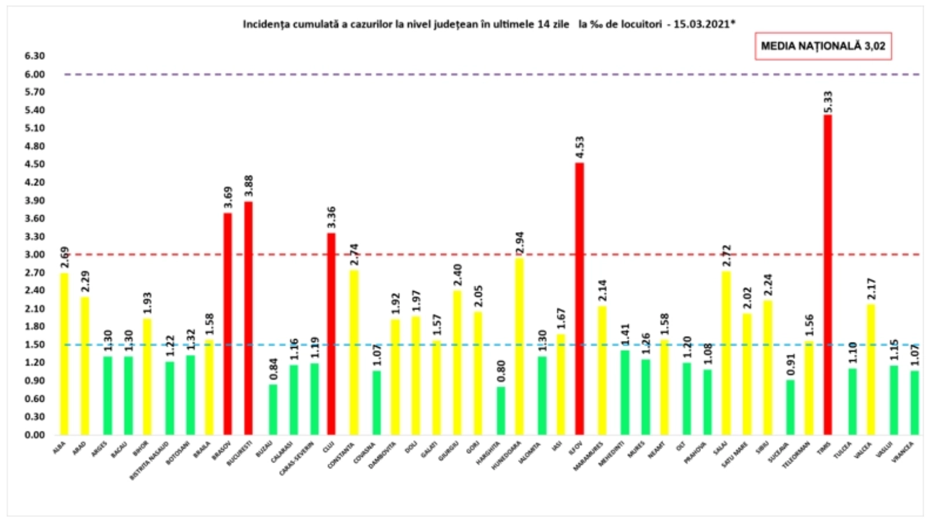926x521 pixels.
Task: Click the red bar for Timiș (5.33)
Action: [828, 275]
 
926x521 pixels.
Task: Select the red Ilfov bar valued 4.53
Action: [579, 299]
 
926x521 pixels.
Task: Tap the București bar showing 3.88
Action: [248, 318]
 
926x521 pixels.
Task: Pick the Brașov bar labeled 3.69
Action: [227, 324]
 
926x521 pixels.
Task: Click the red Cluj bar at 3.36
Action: [331, 334]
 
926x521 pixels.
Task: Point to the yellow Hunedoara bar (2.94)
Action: [519, 346]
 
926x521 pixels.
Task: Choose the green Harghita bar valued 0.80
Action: [501, 410]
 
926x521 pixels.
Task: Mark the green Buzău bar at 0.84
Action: [273, 409]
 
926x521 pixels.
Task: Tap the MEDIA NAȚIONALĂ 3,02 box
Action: [822, 46]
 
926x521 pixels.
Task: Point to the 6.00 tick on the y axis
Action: [35, 74]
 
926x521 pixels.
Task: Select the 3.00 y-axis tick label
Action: [35, 255]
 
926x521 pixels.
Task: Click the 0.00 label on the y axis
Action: [35, 435]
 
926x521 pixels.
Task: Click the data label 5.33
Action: [828, 101]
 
